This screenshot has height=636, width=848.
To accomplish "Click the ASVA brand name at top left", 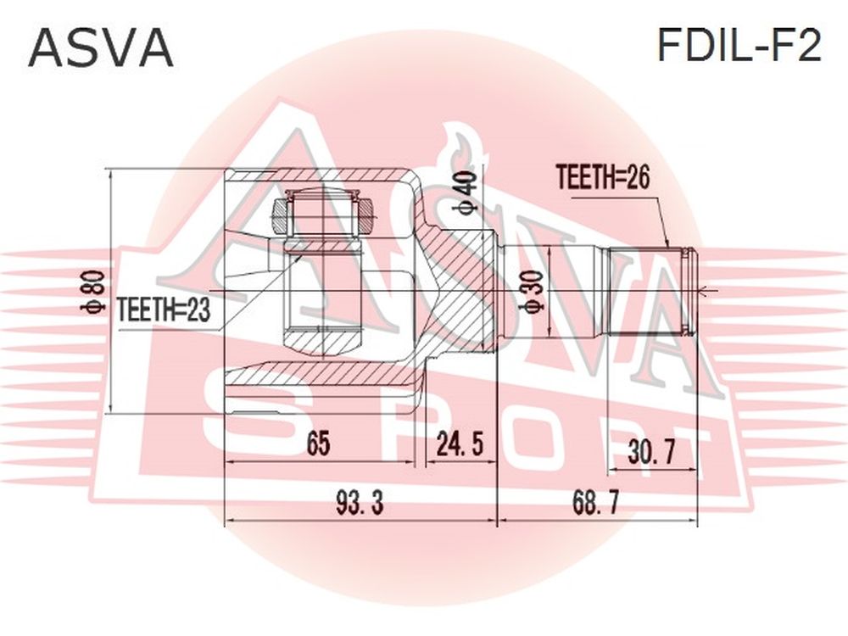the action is click(101, 48).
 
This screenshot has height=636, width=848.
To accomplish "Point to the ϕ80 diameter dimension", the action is click(92, 292).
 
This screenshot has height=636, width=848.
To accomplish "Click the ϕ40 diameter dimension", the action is click(468, 193).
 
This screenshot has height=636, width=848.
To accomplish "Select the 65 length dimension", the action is click(318, 444).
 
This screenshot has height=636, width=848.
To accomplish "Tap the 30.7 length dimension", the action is click(651, 452).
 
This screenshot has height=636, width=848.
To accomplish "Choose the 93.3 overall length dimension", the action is click(360, 503).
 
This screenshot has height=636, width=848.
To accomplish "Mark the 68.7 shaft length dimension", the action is click(595, 503).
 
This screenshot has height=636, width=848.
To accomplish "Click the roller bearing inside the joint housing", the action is click(323, 216).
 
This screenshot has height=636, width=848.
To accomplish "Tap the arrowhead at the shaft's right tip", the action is click(704, 293).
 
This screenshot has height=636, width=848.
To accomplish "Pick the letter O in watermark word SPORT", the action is click(543, 439).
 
